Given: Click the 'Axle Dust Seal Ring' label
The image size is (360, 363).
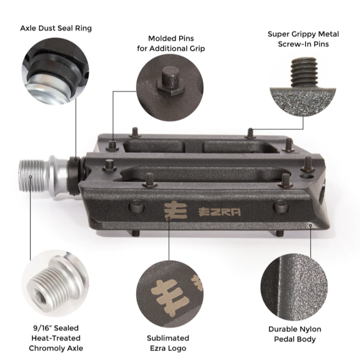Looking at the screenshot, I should click(x=56, y=29).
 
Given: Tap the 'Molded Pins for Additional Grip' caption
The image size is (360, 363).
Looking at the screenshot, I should click(x=171, y=44).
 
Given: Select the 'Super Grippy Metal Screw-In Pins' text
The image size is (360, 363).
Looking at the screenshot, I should click(x=303, y=39).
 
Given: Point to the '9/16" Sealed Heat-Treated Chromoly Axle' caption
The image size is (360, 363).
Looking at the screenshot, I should click(x=56, y=338).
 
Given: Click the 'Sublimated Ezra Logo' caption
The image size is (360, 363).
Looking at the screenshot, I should click(x=168, y=343).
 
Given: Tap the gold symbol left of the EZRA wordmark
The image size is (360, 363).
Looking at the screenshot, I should click(x=170, y=210).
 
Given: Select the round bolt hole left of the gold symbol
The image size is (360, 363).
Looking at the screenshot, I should click(x=137, y=207).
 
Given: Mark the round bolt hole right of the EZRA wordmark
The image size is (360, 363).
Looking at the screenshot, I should click(x=280, y=206).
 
